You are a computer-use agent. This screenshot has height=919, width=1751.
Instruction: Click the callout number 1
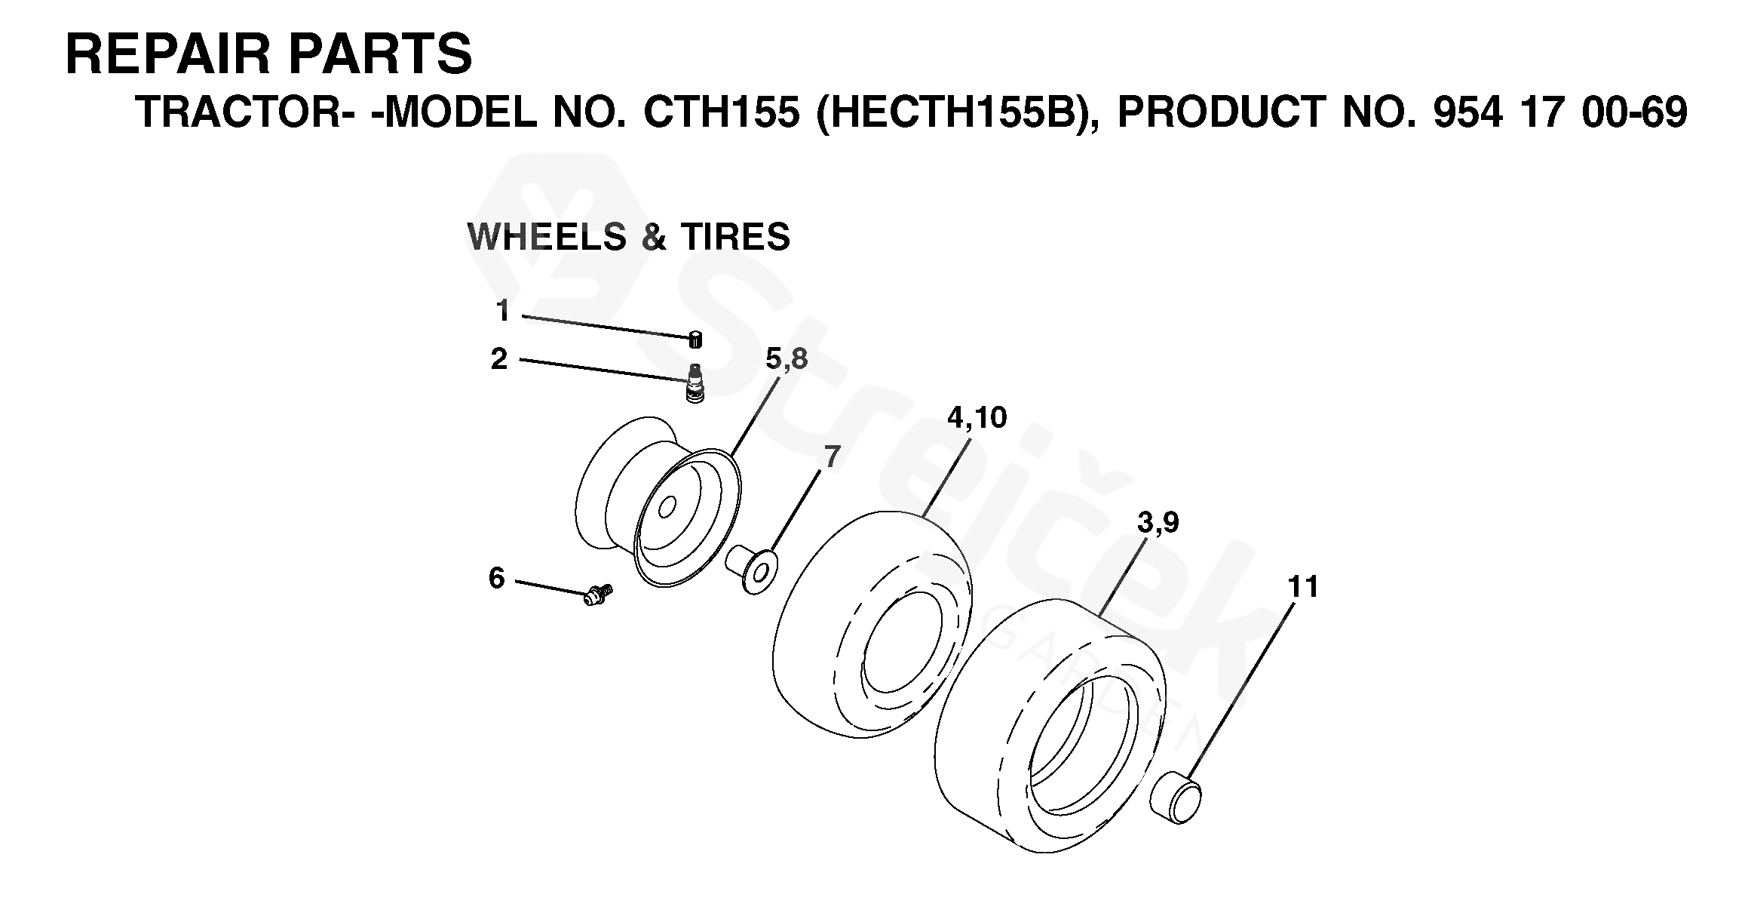click(x=503, y=310)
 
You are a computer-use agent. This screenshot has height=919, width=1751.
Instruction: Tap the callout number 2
click(x=499, y=359)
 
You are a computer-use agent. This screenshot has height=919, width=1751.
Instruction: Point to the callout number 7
click(x=832, y=457)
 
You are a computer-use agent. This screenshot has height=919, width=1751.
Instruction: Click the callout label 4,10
click(x=977, y=418)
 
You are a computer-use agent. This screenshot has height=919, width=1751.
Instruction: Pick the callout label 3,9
click(x=1158, y=522)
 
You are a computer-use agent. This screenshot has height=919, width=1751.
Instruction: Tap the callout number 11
click(x=1303, y=587)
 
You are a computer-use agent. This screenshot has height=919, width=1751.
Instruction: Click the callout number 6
click(x=496, y=579)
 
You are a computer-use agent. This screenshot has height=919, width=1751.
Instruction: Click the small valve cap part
click(x=695, y=340)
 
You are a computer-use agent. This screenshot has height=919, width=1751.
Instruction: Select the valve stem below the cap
click(x=695, y=383)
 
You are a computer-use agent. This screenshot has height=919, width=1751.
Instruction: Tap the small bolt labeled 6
click(x=598, y=595)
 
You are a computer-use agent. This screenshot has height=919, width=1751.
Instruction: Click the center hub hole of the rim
click(x=667, y=509)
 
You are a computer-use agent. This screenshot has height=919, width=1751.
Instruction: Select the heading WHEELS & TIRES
click(x=629, y=237)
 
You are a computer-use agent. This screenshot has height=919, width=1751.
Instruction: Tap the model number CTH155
click(x=721, y=113)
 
